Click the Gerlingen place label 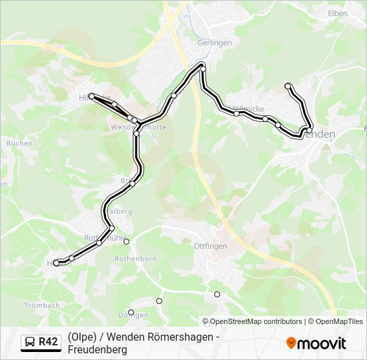point(214,43)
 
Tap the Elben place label point(338,13)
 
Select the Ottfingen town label point(210,246)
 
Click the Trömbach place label point(42,305)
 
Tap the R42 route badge point(48,342)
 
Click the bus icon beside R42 point(31,342)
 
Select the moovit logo point(316,343)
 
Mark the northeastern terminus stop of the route point(288,85)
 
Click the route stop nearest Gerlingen point(202,65)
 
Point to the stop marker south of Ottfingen point(217,294)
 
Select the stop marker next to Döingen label point(131,313)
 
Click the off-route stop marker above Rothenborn point(126,241)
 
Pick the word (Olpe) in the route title point(80,336)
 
